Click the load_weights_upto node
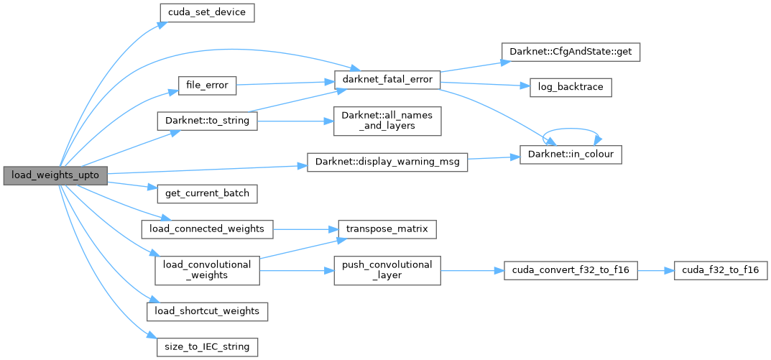[55, 175]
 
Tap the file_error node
[207, 85]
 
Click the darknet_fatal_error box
[387, 80]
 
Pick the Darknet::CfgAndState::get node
[570, 52]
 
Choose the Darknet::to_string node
[206, 121]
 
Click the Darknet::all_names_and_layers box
[387, 121]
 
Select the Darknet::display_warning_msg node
[387, 162]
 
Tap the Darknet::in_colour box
[570, 154]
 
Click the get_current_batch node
[206, 194]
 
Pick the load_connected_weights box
[207, 229]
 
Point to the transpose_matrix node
[387, 229]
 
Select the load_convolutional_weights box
[207, 270]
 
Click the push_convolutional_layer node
[387, 270]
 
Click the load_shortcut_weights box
[207, 311]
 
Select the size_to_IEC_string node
[207, 346]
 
